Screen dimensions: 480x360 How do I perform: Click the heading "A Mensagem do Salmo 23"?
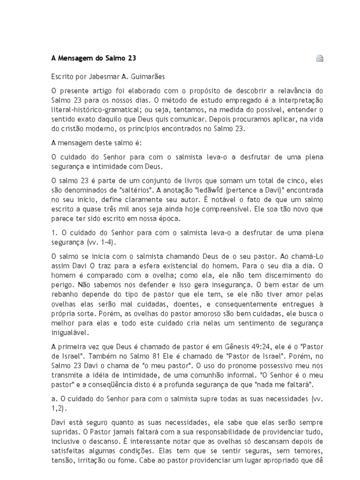[x=93, y=59]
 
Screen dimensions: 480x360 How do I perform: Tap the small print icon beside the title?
[x=320, y=59]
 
